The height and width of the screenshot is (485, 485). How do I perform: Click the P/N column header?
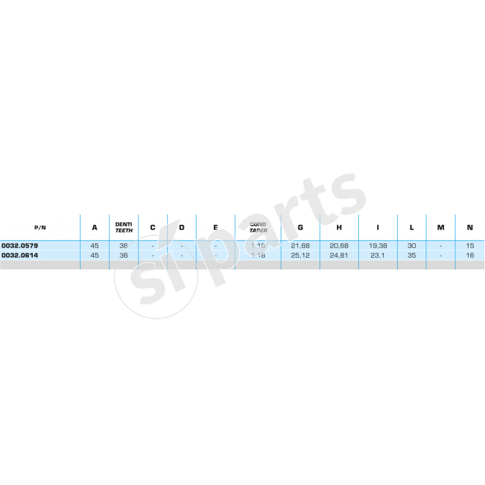40,228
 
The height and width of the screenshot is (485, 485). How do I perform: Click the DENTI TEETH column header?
124,227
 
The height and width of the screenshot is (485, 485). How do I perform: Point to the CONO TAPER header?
258,227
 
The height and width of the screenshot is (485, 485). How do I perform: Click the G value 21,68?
301,246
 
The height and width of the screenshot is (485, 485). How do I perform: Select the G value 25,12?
301,255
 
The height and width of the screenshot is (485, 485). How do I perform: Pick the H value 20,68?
339,246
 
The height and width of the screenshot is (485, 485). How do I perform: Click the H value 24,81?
339,255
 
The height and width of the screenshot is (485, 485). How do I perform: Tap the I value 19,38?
378,246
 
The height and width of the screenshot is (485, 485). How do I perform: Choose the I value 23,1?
378,255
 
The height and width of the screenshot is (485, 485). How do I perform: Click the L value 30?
412,246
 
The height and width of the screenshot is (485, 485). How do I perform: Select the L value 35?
412,255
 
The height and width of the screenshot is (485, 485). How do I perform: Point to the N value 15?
470,246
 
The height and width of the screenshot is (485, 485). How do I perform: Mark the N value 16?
470,255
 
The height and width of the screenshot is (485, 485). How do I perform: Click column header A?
95,228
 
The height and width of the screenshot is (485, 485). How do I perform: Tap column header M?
441,228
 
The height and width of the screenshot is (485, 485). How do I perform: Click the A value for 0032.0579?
95,246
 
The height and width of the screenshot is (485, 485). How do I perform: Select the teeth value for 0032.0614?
124,255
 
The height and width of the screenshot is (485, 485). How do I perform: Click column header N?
470,228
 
